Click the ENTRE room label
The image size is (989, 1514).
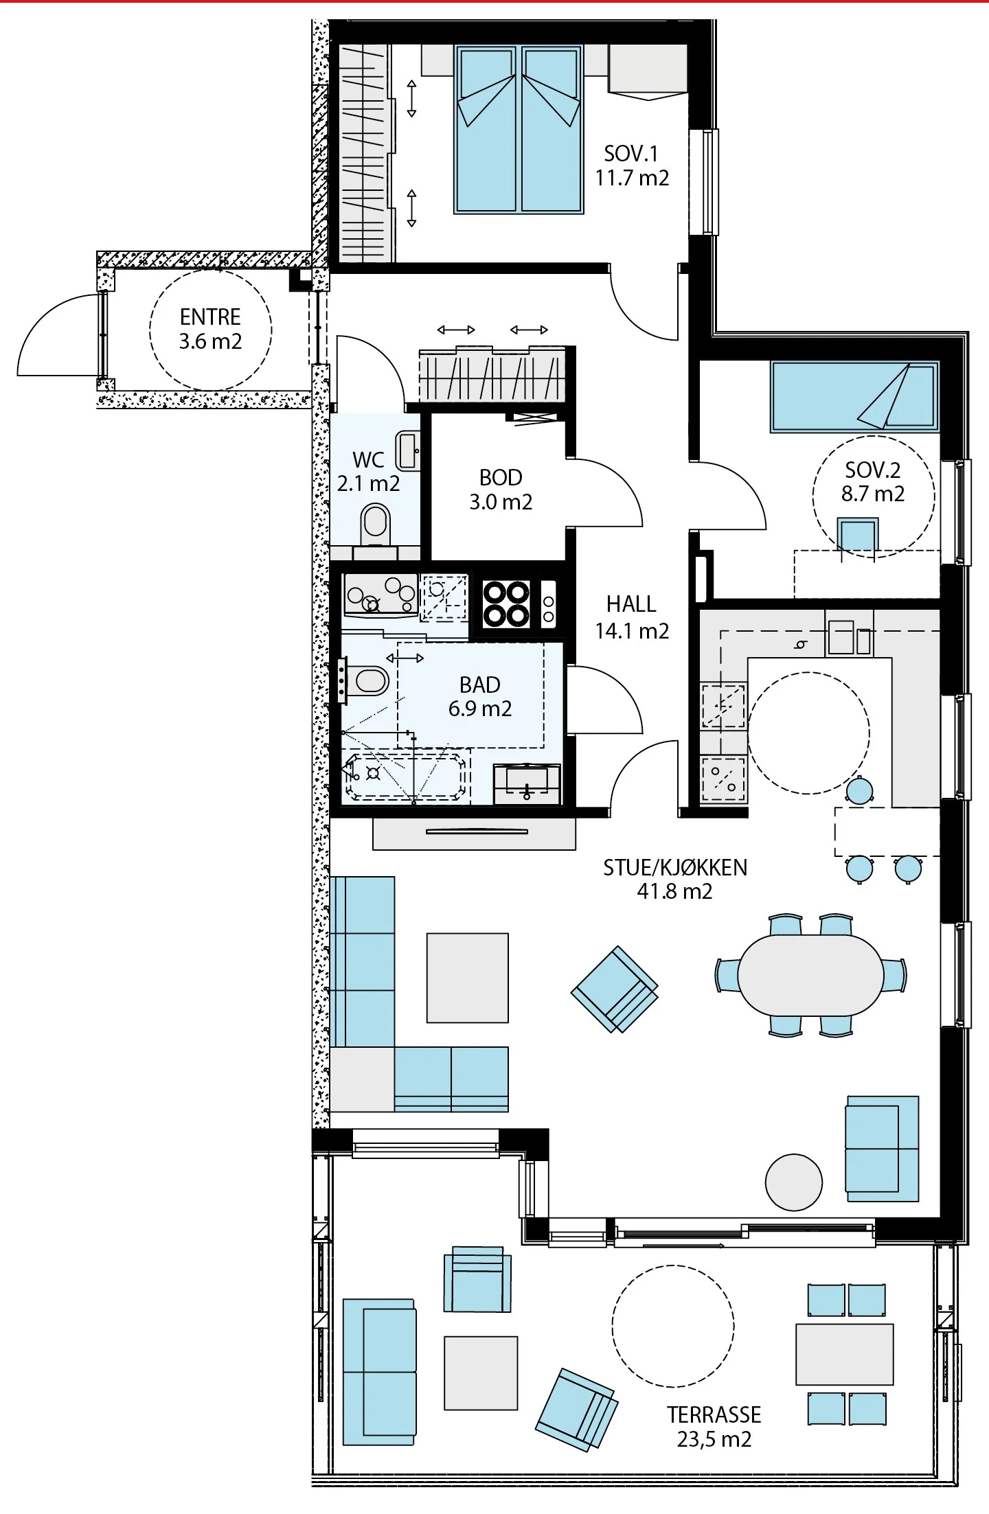pyautogui.click(x=210, y=317)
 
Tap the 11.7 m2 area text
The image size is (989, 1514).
pyautogui.click(x=632, y=179)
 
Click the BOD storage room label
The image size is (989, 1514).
pyautogui.click(x=501, y=477)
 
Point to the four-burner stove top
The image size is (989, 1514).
pyautogui.click(x=506, y=604)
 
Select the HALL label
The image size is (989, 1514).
pyautogui.click(x=631, y=604)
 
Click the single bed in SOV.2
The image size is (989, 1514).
pyautogui.click(x=854, y=397)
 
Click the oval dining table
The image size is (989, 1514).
pyautogui.click(x=810, y=975)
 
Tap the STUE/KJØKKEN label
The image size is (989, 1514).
pyautogui.click(x=674, y=868)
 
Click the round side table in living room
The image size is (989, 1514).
pyautogui.click(x=793, y=1182)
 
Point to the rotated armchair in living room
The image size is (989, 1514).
pyautogui.click(x=615, y=989)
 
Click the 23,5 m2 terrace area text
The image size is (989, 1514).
pyautogui.click(x=714, y=1439)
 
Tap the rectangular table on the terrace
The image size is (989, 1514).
pyautogui.click(x=845, y=1354)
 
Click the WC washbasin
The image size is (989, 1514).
pyautogui.click(x=408, y=451)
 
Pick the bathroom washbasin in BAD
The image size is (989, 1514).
pyautogui.click(x=527, y=783)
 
